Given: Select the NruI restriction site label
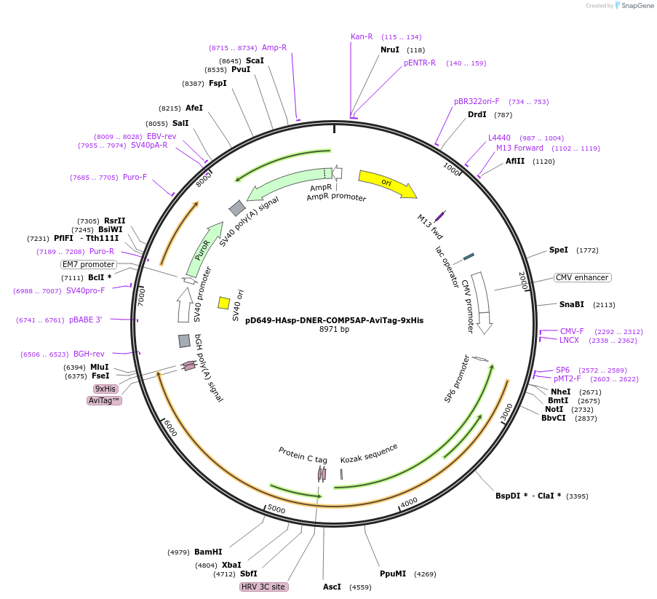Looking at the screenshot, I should tap(390, 49).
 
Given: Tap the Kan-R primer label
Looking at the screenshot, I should tap(362, 36).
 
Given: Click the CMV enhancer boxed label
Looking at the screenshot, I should tap(582, 277).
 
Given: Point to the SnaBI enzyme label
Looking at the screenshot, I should tap(571, 304).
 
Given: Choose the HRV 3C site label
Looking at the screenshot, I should tap(263, 587).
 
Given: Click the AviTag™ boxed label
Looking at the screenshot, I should tap(105, 400).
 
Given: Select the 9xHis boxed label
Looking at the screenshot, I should tap(105, 389).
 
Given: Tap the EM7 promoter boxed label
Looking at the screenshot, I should tap(89, 264).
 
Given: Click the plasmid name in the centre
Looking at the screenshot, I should tap(334, 320).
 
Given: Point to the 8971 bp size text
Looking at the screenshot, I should tap(335, 330).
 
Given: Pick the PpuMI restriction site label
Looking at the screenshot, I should tap(393, 574).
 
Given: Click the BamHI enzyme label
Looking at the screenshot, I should tap(208, 552).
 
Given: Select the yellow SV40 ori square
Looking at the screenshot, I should tap(224, 302).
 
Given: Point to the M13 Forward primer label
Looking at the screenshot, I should tap(519, 148).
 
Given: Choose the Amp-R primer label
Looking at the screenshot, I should tap(274, 47).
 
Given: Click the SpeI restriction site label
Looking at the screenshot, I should tap(558, 250).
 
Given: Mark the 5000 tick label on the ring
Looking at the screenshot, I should tap(276, 508).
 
